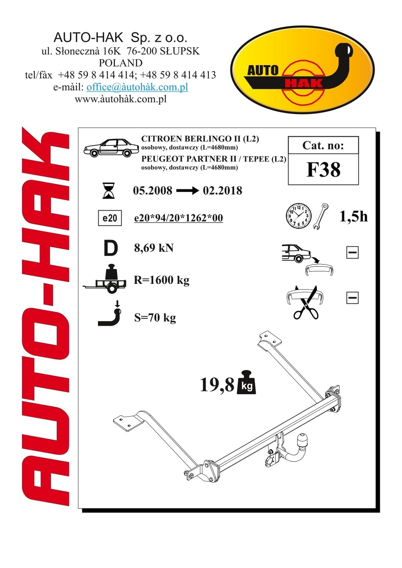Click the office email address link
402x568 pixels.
pyautogui.click(x=137, y=87)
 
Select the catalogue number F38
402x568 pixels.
pyautogui.click(x=324, y=170)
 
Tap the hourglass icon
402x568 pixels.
pyautogui.click(x=109, y=190)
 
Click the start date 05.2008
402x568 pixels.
pyautogui.click(x=152, y=191)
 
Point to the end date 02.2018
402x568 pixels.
pyautogui.click(x=222, y=191)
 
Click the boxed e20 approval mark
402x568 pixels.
pyautogui.click(x=110, y=218)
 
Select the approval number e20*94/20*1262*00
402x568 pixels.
pyautogui.click(x=179, y=218)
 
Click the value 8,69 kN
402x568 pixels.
pyautogui.click(x=154, y=248)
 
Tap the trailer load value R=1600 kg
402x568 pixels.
pyautogui.click(x=162, y=280)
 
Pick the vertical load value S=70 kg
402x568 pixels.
pyautogui.click(x=155, y=318)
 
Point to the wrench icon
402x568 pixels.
pyautogui.click(x=320, y=216)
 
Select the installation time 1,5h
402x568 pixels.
pyautogui.click(x=353, y=217)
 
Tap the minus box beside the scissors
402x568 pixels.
pyautogui.click(x=352, y=298)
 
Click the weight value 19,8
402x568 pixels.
pyautogui.click(x=217, y=385)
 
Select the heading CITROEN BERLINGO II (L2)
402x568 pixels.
pyautogui.click(x=200, y=139)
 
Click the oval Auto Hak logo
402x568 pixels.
pyautogui.click(x=302, y=70)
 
